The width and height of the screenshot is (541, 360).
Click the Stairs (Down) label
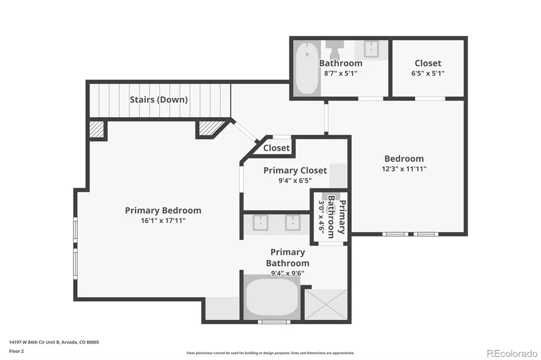[x=158, y=100]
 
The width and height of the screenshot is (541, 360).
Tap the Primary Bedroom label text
[x=163, y=210]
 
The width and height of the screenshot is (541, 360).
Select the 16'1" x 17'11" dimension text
[x=163, y=221]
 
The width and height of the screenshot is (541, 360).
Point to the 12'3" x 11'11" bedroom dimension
[x=404, y=169]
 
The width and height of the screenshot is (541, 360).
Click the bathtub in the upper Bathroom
[x=307, y=68]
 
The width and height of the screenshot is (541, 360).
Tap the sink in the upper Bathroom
[x=371, y=49]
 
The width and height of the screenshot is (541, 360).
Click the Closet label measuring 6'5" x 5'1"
[x=428, y=63]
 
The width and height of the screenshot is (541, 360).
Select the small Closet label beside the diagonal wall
[x=276, y=148]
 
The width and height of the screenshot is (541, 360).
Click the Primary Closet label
[x=295, y=170]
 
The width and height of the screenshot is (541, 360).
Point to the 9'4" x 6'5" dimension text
[x=295, y=181]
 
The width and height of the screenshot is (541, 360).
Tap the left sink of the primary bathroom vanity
[x=260, y=223]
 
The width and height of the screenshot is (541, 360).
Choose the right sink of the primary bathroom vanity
[x=293, y=223]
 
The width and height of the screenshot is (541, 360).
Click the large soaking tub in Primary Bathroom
[x=272, y=297]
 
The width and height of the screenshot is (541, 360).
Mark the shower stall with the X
[x=326, y=305]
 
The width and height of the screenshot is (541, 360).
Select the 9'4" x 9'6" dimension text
[x=287, y=273]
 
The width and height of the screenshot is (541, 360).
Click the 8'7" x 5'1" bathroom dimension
[x=341, y=73]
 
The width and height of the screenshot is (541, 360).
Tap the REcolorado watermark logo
[x=512, y=354]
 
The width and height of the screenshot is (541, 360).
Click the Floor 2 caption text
[x=16, y=352]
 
